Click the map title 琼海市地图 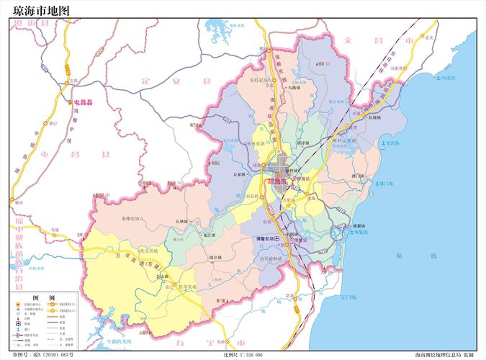[x=42, y=10]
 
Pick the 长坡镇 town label [x=374, y=118]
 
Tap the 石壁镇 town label [x=181, y=221]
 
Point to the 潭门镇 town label [x=358, y=175]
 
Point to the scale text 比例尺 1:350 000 [x=243, y=355]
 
